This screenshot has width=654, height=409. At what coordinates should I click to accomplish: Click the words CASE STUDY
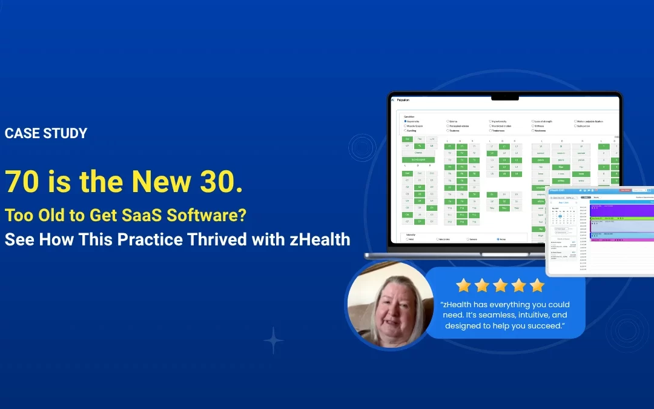pyautogui.click(x=46, y=133)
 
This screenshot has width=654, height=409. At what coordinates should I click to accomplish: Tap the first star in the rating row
pyautogui.click(x=463, y=285)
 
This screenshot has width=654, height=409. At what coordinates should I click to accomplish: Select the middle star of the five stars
pyautogui.click(x=500, y=285)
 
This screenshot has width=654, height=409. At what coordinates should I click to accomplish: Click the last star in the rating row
pyautogui.click(x=537, y=285)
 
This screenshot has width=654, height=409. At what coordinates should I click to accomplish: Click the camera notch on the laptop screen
pyautogui.click(x=505, y=97)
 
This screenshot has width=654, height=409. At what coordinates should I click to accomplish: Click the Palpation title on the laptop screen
pyautogui.click(x=403, y=99)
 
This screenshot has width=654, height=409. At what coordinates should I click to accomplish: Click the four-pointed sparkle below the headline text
pyautogui.click(x=273, y=340)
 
